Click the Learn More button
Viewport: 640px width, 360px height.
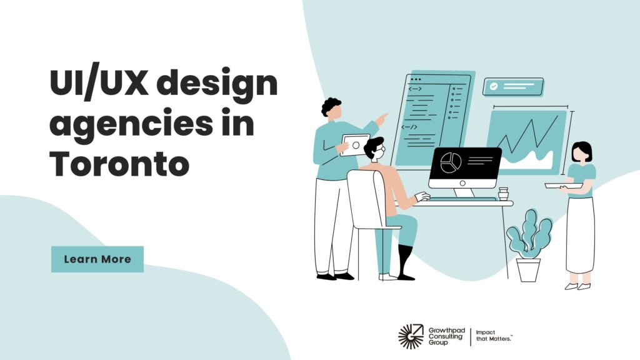(97, 259)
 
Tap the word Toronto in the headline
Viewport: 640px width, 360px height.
(119, 164)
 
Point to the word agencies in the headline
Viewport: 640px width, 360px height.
(131, 125)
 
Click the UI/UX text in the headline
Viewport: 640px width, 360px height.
(98, 83)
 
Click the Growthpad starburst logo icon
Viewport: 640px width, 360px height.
(411, 336)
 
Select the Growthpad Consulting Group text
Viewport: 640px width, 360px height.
(446, 336)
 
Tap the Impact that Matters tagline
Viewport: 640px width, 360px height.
(494, 336)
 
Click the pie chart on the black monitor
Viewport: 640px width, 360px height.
(451, 163)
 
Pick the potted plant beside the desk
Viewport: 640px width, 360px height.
(529, 245)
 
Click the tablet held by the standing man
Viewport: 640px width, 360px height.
(354, 145)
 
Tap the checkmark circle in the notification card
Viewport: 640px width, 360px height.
(494, 86)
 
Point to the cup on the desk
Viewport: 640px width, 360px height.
(503, 194)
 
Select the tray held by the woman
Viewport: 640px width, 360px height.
(564, 186)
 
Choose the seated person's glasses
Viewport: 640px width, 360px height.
(379, 149)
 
